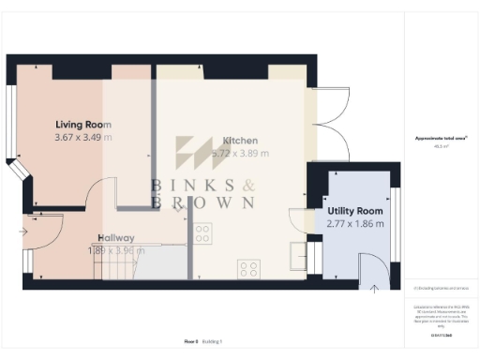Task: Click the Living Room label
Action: click(x=83, y=124)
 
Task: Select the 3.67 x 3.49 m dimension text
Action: click(x=83, y=138)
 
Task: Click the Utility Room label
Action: click(x=354, y=211)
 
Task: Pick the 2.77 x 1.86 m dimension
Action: click(x=354, y=225)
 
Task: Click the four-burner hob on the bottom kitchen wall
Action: click(x=249, y=269)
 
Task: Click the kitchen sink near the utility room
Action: click(x=298, y=250)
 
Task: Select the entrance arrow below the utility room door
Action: click(x=373, y=288)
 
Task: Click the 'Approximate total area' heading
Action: click(x=442, y=138)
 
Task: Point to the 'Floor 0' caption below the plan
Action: click(x=191, y=342)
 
